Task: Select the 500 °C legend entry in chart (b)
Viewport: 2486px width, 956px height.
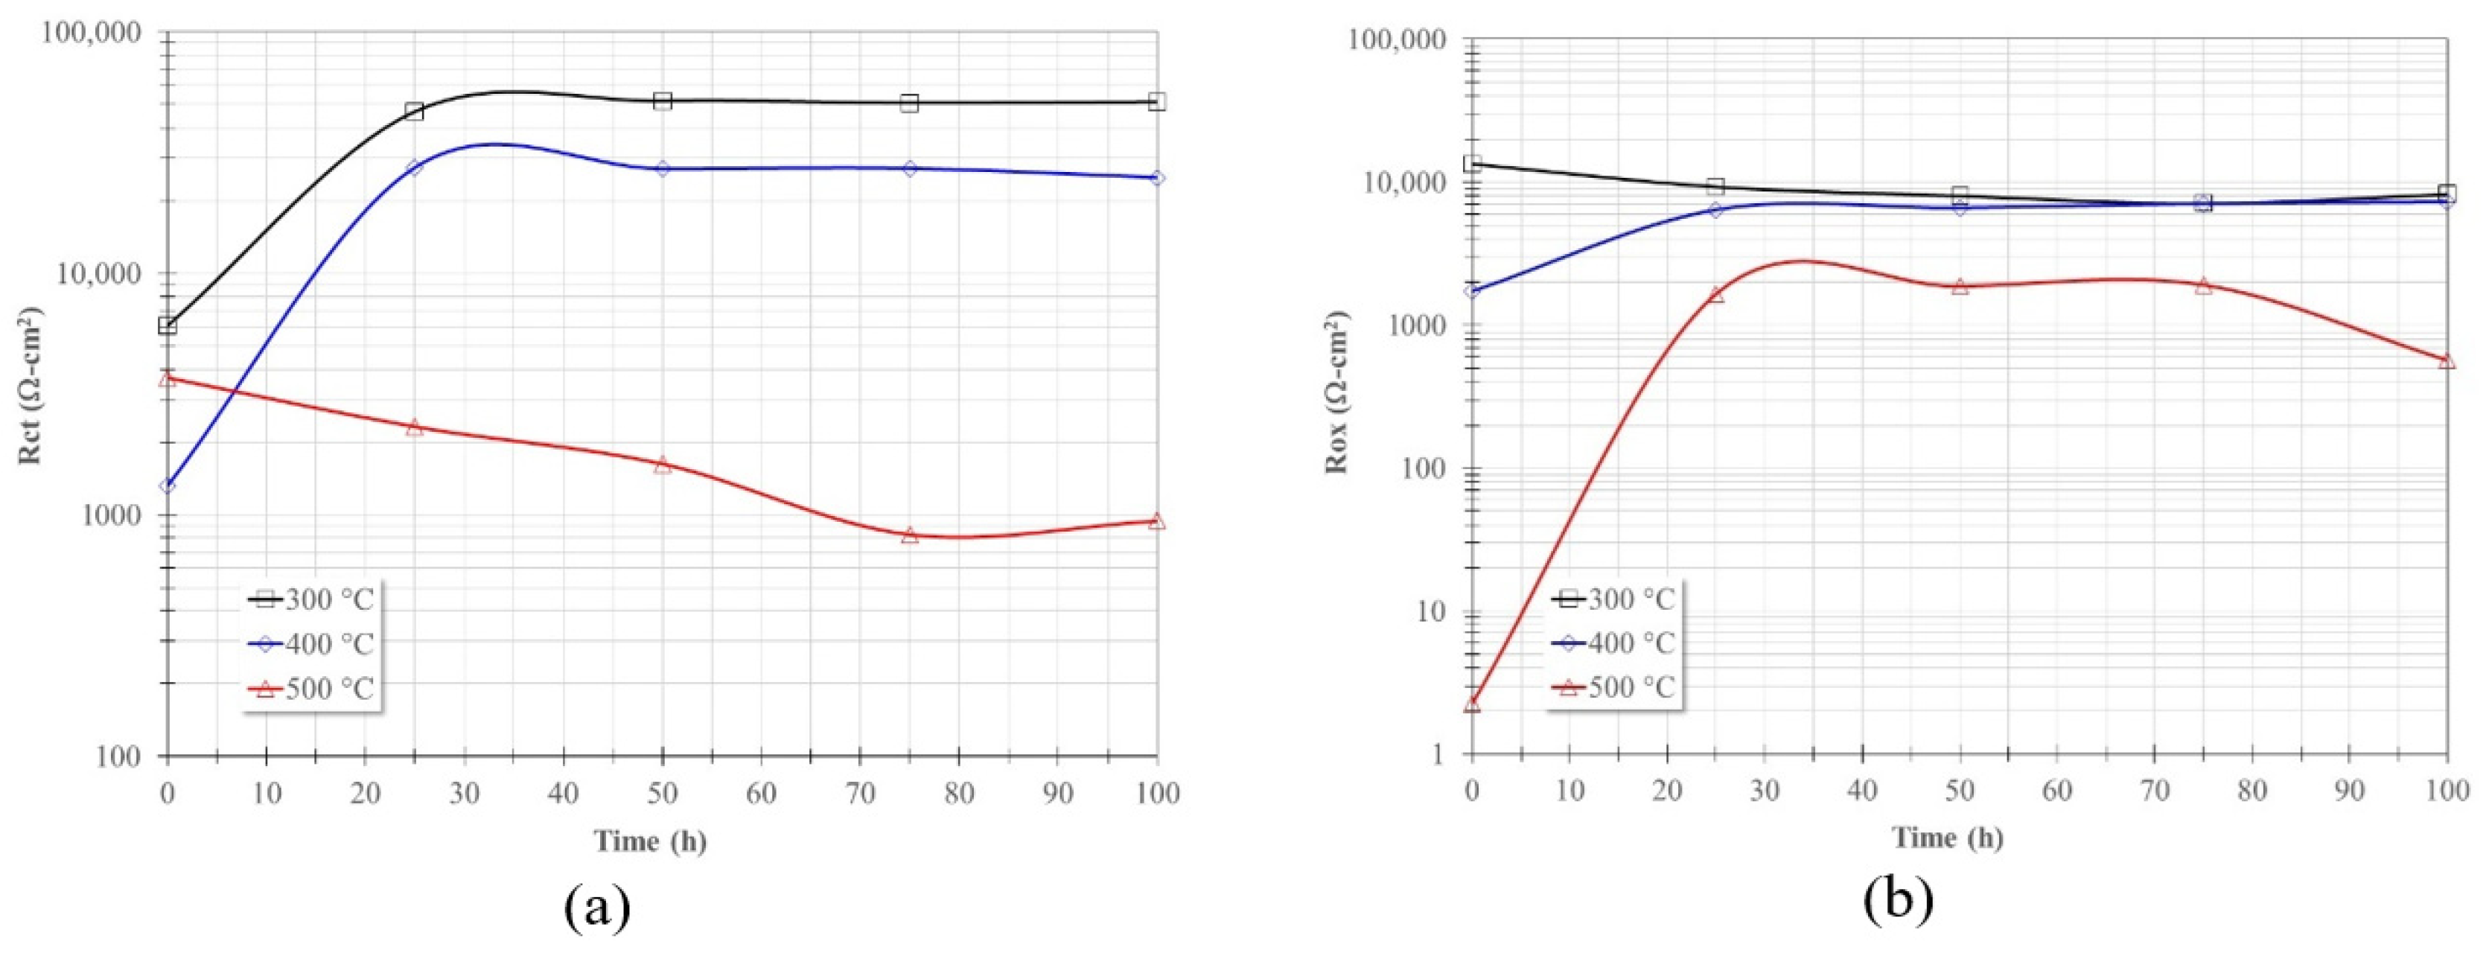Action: pos(1616,688)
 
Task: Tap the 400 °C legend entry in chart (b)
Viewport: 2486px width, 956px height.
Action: pos(1616,643)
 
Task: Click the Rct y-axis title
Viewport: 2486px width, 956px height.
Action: pos(31,386)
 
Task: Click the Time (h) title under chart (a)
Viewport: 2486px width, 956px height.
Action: pos(649,842)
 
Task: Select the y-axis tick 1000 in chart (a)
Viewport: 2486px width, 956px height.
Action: pos(113,516)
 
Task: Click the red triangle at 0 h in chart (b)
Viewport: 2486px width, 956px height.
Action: pos(1472,704)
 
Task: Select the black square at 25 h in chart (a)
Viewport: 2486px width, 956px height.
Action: pos(414,111)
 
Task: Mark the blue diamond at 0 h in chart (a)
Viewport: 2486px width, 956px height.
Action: pos(167,485)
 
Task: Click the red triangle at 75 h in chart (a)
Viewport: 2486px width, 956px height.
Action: pos(909,535)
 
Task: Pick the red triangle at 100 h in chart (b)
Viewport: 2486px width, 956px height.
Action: pos(2447,361)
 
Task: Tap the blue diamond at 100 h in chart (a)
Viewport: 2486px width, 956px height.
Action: pos(1157,177)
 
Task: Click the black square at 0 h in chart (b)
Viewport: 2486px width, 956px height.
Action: pos(1473,163)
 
